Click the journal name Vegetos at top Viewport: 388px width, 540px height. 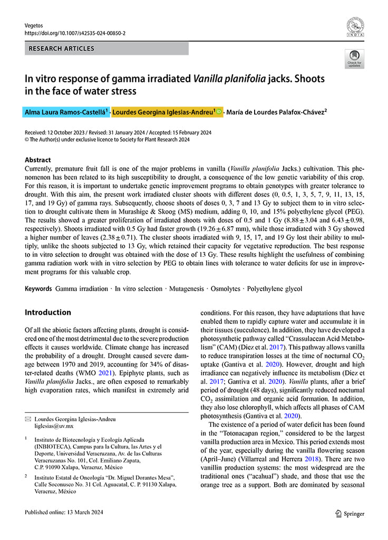tap(34, 25)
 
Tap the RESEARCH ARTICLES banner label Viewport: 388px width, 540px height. tap(62, 49)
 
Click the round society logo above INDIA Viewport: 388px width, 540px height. tap(355, 25)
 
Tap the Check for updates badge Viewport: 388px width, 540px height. tap(354, 58)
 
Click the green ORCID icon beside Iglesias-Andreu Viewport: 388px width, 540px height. tap(219, 112)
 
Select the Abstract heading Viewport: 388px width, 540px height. tap(38, 160)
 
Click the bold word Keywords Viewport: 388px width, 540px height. tap(38, 289)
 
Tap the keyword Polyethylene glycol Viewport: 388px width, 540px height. tap(275, 289)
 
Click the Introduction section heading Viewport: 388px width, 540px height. tap(48, 312)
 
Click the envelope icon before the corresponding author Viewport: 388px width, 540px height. tap(28, 419)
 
